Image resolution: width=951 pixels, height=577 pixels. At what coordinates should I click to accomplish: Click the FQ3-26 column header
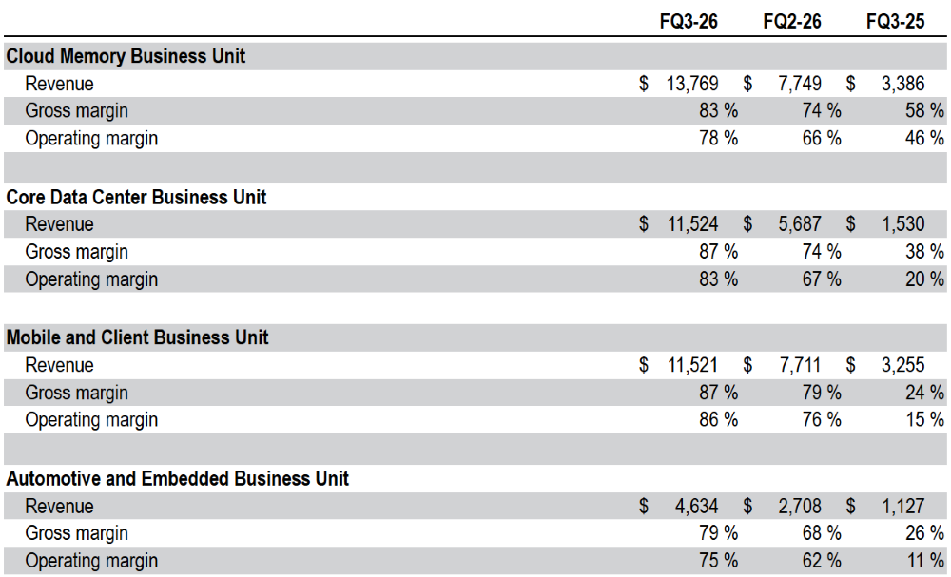click(x=689, y=22)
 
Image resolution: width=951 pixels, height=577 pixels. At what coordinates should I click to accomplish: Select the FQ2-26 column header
click(x=792, y=22)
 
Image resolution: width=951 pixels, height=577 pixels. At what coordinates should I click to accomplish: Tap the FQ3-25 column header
click(x=895, y=22)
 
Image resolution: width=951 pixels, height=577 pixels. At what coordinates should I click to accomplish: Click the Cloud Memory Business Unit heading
click(x=126, y=56)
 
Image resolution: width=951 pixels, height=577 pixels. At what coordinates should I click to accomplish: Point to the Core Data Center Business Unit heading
click(x=136, y=197)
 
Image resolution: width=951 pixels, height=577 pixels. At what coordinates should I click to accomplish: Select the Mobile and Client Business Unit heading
click(x=137, y=337)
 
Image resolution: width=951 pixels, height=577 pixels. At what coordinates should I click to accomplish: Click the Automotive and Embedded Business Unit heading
click(x=177, y=479)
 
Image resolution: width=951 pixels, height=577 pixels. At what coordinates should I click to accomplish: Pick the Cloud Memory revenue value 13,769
click(x=692, y=84)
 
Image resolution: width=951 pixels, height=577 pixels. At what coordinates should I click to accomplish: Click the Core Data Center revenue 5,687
click(x=800, y=224)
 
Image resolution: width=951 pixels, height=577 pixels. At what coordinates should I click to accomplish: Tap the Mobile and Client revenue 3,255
click(x=903, y=365)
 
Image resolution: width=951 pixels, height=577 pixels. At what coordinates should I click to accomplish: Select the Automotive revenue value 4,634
click(x=696, y=506)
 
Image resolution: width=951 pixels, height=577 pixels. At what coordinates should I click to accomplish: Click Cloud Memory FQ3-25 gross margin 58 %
click(x=925, y=110)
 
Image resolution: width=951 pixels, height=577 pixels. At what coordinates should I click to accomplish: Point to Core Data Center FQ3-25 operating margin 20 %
click(x=925, y=279)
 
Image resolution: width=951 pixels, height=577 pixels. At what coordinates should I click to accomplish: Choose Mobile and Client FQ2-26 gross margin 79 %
click(x=822, y=393)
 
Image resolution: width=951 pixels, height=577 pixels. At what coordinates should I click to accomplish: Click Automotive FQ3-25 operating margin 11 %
click(x=925, y=561)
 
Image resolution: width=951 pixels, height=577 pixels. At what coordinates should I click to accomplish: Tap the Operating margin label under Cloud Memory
click(x=91, y=139)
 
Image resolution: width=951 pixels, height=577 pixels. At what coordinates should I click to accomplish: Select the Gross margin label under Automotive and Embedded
click(x=76, y=533)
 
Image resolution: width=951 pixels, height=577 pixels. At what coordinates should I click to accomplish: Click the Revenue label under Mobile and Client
click(x=59, y=365)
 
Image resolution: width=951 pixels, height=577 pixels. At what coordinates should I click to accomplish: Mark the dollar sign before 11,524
click(x=644, y=224)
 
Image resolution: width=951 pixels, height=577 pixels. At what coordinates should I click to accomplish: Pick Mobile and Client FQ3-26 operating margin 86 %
click(x=719, y=419)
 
